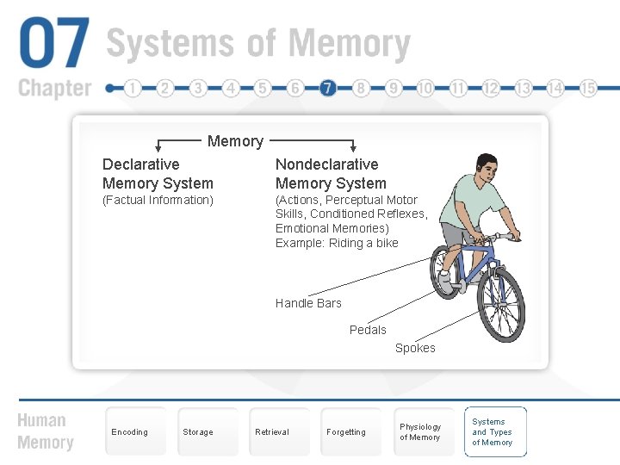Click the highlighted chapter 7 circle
[x=327, y=88]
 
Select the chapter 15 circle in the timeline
[x=588, y=88]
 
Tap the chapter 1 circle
[x=132, y=88]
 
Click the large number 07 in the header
[x=54, y=45]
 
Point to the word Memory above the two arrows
[x=235, y=141]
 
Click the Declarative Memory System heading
[x=158, y=173]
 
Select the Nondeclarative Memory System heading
[x=331, y=173]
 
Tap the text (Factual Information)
[x=158, y=201]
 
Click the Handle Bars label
[x=308, y=303]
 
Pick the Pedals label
[x=368, y=330]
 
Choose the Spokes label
[x=415, y=348]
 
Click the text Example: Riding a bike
[x=337, y=243]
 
